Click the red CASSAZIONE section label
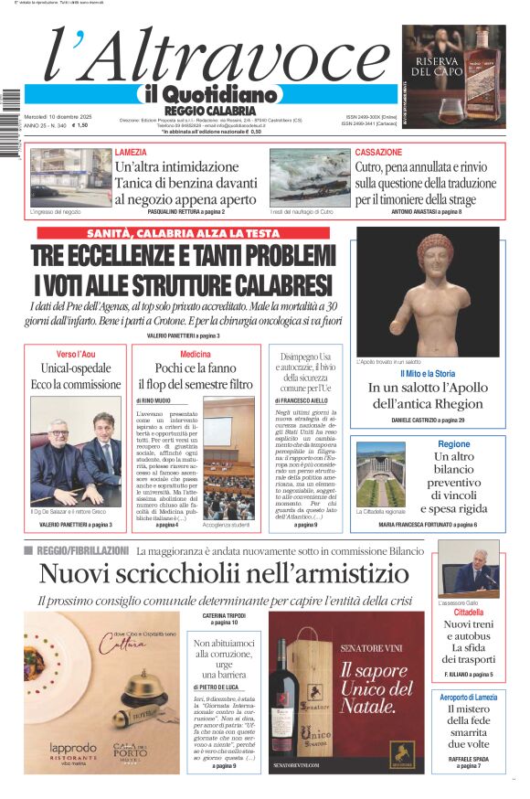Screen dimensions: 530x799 pos(377,152)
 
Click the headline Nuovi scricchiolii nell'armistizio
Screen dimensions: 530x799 pos(224,574)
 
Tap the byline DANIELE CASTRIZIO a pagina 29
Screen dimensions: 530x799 pos(428,419)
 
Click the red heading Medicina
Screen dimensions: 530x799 pos(195,354)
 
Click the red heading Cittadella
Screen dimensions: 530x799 pos(467,613)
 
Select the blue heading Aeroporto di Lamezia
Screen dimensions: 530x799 pos(467,697)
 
